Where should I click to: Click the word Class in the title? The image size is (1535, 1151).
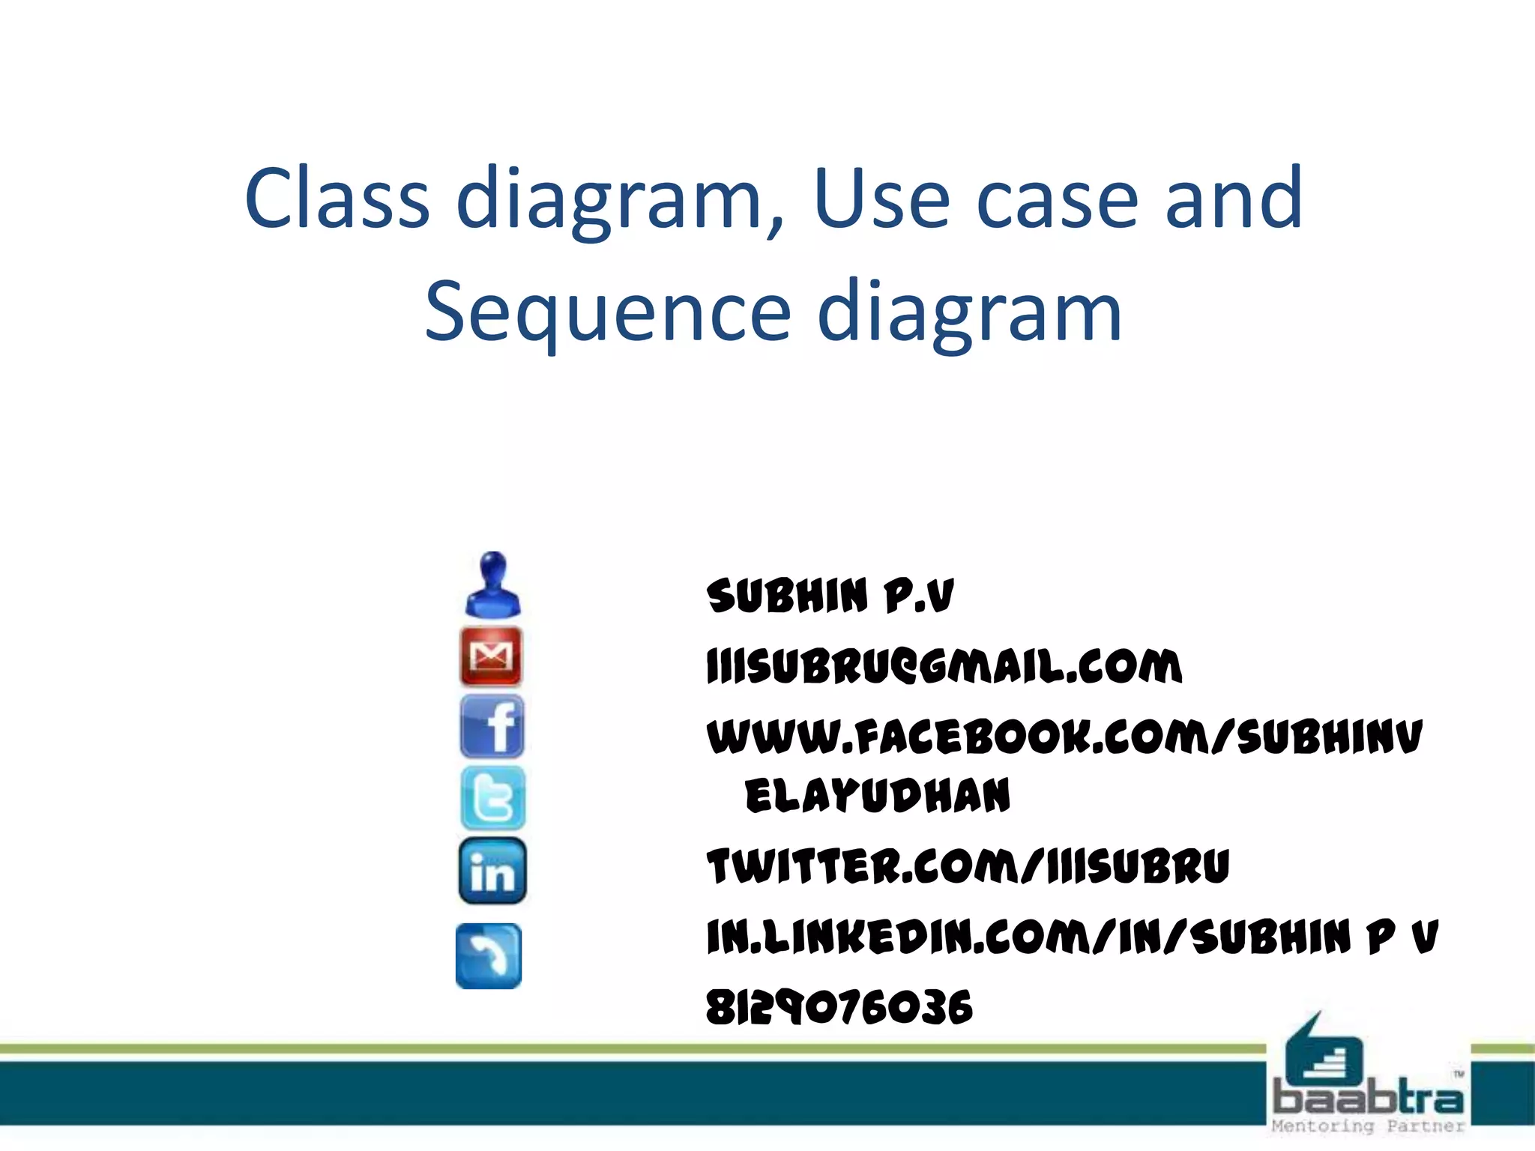(x=337, y=198)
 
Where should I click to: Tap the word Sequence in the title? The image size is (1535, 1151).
(x=608, y=312)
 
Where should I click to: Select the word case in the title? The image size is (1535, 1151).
(x=1057, y=198)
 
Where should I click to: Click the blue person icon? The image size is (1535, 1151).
(x=492, y=585)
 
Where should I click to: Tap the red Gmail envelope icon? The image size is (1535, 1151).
(x=491, y=656)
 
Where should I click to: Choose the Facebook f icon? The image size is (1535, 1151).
(x=492, y=726)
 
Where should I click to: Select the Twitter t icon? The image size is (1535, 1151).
(x=492, y=797)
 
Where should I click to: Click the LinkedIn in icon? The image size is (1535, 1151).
(x=492, y=871)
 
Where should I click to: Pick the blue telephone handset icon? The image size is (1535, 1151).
(x=489, y=956)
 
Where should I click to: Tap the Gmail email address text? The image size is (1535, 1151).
(x=944, y=666)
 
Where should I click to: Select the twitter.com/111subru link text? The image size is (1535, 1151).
(x=968, y=866)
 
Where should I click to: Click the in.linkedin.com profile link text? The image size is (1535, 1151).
(x=1072, y=937)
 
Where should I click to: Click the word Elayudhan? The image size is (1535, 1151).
(x=877, y=796)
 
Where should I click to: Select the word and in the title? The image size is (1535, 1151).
(x=1234, y=198)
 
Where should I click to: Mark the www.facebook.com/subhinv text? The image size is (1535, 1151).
(x=1064, y=737)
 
